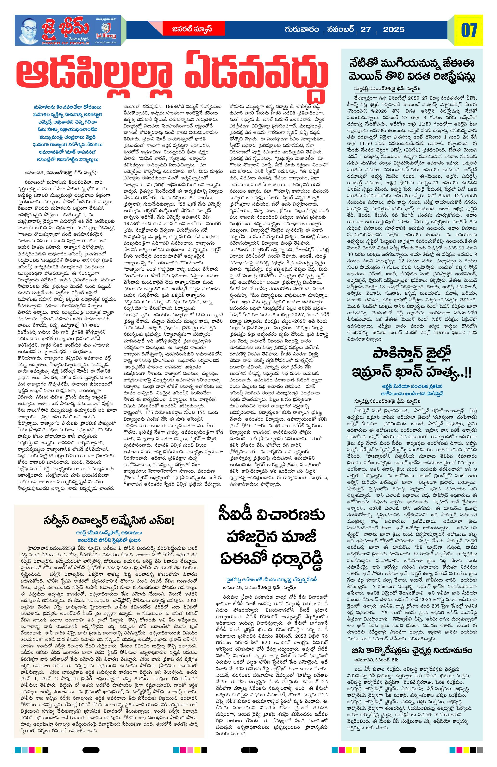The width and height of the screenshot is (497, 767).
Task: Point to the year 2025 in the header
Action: click(393, 30)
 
